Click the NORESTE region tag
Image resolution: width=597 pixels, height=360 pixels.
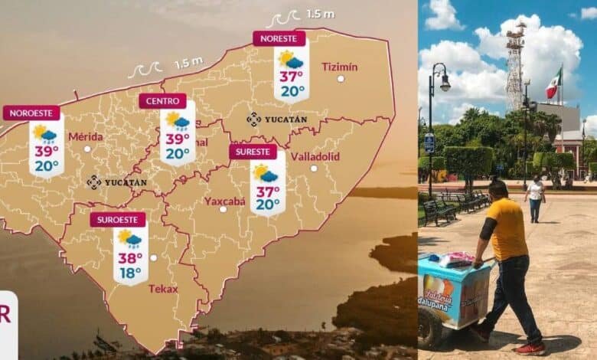coord(279,38)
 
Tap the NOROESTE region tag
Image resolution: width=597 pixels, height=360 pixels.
coord(31,113)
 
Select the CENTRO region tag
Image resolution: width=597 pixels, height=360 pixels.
coord(162,101)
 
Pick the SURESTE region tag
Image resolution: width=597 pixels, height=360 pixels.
coord(253,152)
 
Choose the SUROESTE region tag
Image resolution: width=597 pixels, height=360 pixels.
coord(117,220)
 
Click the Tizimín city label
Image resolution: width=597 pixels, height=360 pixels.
coord(340,66)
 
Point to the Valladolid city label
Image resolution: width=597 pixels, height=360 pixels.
coord(315,156)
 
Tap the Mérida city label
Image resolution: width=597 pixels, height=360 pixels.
coord(86,136)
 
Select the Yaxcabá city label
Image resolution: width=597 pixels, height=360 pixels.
coord(224,201)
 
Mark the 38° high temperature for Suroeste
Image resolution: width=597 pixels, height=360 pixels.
coord(129,258)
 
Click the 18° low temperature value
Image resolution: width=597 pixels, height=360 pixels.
coord(129,273)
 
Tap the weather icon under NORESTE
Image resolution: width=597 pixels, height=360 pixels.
coord(291,59)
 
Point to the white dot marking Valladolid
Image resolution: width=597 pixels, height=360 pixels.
coord(314,168)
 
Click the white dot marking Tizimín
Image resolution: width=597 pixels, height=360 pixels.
coord(341,78)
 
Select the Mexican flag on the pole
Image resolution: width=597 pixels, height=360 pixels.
coord(553,83)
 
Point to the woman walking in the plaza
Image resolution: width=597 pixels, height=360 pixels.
coord(535,198)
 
